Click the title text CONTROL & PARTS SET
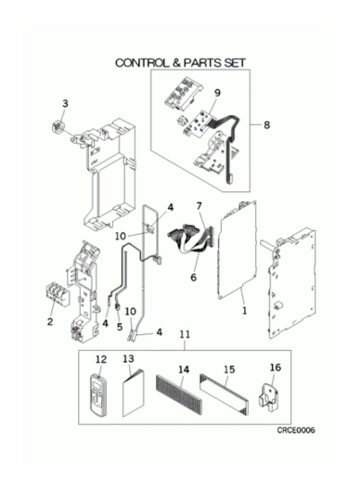pyautogui.click(x=180, y=63)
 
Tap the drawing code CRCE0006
pyautogui.click(x=296, y=430)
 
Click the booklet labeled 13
pyautogui.click(x=134, y=393)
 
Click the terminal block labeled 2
pyautogui.click(x=58, y=294)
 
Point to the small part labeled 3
pyautogui.click(x=58, y=128)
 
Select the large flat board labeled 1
pyautogui.click(x=238, y=250)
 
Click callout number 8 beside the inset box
pyautogui.click(x=266, y=125)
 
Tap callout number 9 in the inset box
pyautogui.click(x=217, y=93)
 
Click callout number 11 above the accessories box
pyautogui.click(x=185, y=334)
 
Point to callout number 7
pyautogui.click(x=199, y=206)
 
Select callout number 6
pyautogui.click(x=193, y=277)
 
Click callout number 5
pyautogui.click(x=120, y=327)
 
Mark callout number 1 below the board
pyautogui.click(x=244, y=311)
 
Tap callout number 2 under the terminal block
pyautogui.click(x=50, y=322)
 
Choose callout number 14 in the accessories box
pyautogui.click(x=184, y=369)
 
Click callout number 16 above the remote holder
pyautogui.click(x=276, y=368)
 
